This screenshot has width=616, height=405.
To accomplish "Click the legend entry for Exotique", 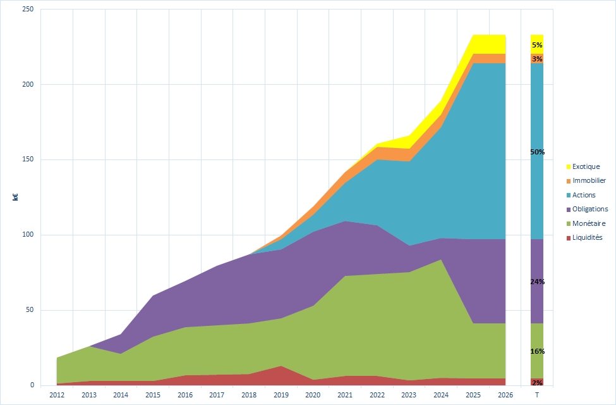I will coord(586,167).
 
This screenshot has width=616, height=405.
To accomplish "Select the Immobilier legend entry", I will coord(589,181).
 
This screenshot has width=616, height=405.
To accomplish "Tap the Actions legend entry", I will coord(584,195).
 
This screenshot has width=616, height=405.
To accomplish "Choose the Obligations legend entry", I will coord(589,209).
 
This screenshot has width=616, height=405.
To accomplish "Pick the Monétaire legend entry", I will coord(588,223).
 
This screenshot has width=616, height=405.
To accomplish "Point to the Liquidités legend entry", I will coord(588,237).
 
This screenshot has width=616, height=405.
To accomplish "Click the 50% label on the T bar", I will coord(537,153).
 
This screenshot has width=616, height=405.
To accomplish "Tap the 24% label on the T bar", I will coord(537,282).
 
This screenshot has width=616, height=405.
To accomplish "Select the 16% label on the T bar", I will coord(537,351).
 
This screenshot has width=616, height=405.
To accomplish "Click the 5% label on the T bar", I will coord(537,45).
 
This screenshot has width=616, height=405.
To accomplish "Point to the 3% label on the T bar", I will coord(537,59).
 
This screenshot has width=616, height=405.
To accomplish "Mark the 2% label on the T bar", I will coord(537,382).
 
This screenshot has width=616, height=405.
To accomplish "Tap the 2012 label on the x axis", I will coord(57,396).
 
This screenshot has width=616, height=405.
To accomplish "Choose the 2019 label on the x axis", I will coord(281,396).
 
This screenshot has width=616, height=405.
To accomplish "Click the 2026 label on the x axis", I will coord(505,396).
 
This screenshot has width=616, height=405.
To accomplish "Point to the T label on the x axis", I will coord(537,396).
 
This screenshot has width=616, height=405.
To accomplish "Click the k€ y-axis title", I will coord(15,197).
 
